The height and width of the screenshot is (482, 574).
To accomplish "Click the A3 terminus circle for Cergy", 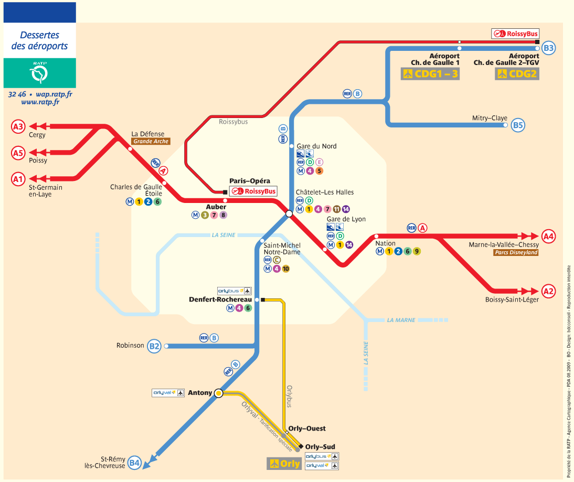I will pyautogui.click(x=18, y=126).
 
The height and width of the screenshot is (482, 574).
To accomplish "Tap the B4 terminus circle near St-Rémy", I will pyautogui.click(x=135, y=462).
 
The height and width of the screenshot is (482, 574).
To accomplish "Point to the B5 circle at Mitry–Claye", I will pyautogui.click(x=518, y=125).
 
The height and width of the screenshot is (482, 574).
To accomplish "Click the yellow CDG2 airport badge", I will pyautogui.click(x=517, y=74).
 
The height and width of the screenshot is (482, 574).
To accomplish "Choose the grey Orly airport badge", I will pyautogui.click(x=284, y=464).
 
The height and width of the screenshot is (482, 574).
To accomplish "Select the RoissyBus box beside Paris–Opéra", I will pyautogui.click(x=254, y=191).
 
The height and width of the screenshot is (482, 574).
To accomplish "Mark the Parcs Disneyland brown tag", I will pyautogui.click(x=516, y=253).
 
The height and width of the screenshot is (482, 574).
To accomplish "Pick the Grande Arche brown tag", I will pyautogui.click(x=151, y=142).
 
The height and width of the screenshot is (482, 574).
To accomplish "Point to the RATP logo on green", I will pyautogui.click(x=39, y=73).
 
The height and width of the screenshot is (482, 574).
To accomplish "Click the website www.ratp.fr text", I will pyautogui.click(x=40, y=102).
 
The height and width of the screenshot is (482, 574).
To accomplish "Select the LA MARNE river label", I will pyautogui.click(x=401, y=320).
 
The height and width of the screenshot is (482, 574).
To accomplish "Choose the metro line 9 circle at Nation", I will pyautogui.click(x=417, y=251).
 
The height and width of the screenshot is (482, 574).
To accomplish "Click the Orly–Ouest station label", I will pyautogui.click(x=307, y=429).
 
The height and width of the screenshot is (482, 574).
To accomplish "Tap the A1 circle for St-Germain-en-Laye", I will pyautogui.click(x=18, y=179).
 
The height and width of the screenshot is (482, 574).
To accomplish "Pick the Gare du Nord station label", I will pyautogui.click(x=317, y=146).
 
